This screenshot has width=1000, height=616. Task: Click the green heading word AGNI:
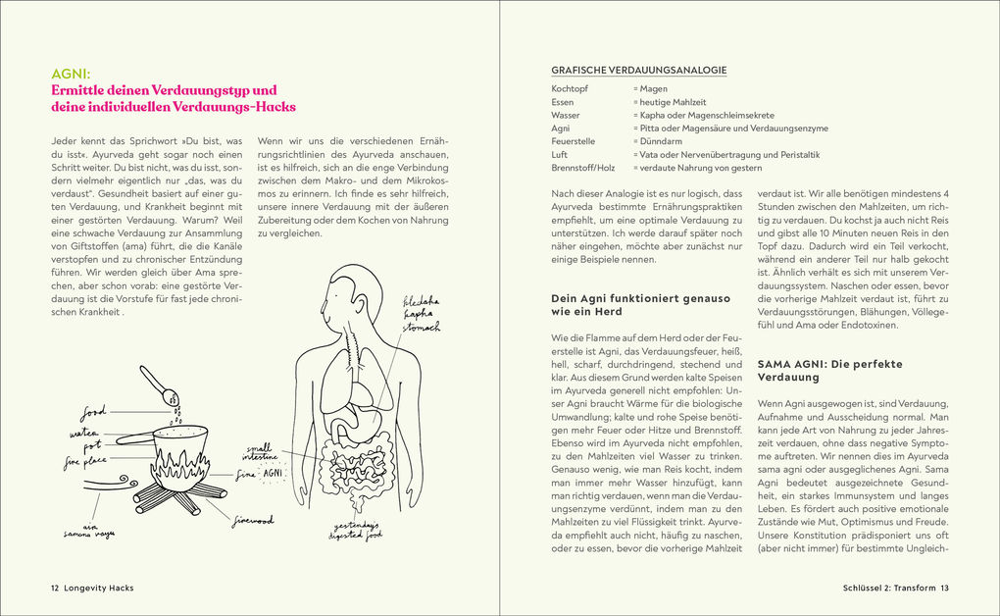tap(71, 73)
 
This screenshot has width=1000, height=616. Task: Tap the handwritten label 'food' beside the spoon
tap(94, 411)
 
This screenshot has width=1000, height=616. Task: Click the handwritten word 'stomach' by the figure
tap(420, 329)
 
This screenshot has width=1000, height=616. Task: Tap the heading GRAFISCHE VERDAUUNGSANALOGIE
tap(638, 70)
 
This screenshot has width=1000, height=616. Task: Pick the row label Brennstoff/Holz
tap(583, 168)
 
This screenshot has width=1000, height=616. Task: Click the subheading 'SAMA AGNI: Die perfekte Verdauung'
tap(829, 371)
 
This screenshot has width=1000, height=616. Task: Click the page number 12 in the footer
tap(56, 588)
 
